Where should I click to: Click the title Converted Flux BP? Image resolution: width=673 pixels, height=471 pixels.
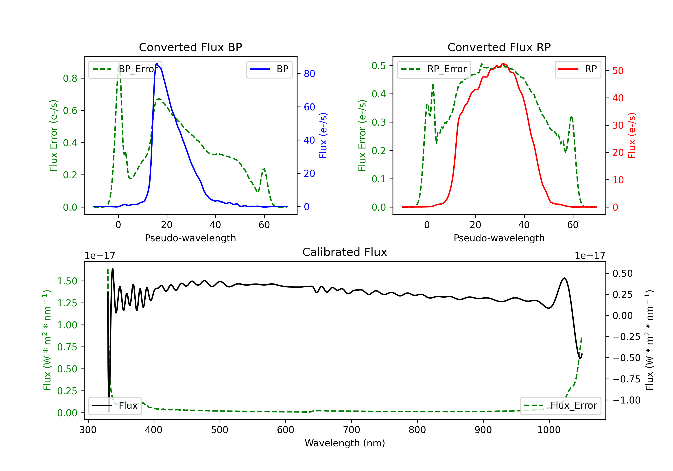[190, 47]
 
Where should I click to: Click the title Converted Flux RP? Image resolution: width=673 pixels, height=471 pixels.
[499, 47]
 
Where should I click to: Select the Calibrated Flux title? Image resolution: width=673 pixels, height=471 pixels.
[345, 252]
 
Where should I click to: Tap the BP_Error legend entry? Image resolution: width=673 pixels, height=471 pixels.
[125, 69]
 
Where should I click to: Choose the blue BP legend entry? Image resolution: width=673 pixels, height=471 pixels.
[269, 69]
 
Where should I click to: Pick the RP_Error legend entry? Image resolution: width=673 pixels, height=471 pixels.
[434, 69]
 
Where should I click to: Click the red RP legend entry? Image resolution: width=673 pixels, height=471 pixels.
[578, 69]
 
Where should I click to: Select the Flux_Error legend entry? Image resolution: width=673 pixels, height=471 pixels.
[560, 406]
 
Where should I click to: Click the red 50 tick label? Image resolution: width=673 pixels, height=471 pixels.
[618, 71]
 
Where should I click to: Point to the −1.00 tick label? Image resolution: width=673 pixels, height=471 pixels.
[626, 400]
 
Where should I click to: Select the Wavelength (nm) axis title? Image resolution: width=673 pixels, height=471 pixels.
[345, 443]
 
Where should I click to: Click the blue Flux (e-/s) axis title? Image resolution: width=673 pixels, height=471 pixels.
[323, 136]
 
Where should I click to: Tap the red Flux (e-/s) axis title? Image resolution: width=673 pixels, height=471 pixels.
[632, 136]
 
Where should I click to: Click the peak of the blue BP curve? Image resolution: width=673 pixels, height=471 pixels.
[157, 64]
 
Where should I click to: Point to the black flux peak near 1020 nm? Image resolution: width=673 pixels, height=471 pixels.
[564, 278]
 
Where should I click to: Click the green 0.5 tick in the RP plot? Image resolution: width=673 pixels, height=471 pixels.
[379, 66]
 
